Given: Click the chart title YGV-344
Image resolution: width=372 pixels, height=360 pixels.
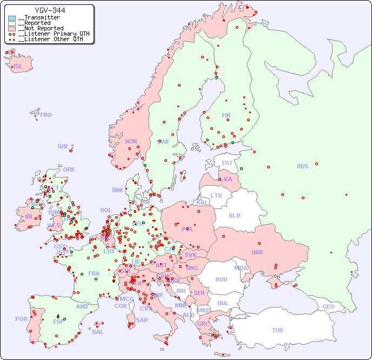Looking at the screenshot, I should pos(50,10).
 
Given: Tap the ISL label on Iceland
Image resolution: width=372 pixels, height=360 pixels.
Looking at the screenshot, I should pos(18,67).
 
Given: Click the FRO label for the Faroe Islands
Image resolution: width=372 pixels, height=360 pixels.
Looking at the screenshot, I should pos(46,115).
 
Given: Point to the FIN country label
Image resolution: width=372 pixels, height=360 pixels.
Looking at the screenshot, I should pos(226,115).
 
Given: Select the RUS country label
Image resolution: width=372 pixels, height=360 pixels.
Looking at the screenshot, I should pos(302,166).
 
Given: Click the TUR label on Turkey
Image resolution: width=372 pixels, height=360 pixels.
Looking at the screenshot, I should pos(277,330).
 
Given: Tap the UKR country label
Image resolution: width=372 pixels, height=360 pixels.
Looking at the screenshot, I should pos(257,252).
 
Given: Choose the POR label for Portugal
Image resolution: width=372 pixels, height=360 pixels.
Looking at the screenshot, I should pos(21,319).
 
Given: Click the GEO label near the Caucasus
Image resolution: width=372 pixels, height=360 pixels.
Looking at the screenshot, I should pos(328,306).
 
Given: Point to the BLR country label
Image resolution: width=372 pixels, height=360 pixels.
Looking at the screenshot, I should pos(234,215).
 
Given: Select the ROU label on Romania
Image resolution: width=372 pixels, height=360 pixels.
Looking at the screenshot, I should pos(221,279).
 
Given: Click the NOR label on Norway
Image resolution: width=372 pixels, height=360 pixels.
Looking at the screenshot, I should pos(131,141).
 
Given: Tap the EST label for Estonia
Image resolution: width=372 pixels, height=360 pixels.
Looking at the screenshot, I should pos(227,163).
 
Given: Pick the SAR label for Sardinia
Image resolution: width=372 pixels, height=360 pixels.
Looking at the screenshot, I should pos(142,320).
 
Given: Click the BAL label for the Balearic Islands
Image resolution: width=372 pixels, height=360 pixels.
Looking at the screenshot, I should pos(97,332).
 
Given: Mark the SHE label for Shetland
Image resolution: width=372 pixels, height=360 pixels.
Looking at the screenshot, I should pos(63,146).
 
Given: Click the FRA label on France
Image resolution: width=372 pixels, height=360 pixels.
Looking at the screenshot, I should pos(94,273).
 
